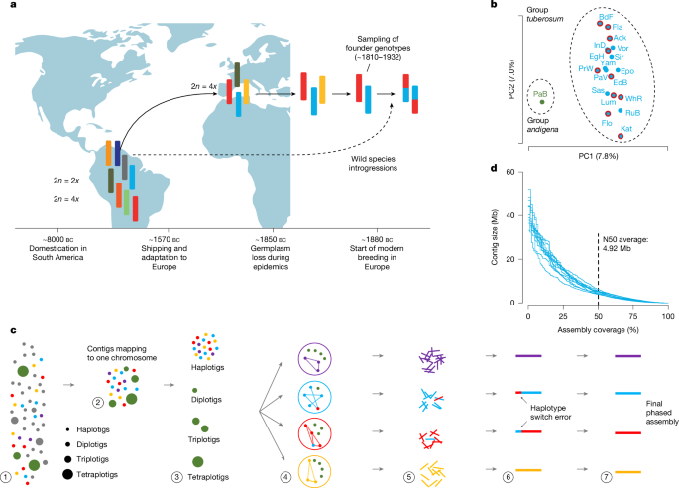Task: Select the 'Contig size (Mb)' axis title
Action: pos(497,237)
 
